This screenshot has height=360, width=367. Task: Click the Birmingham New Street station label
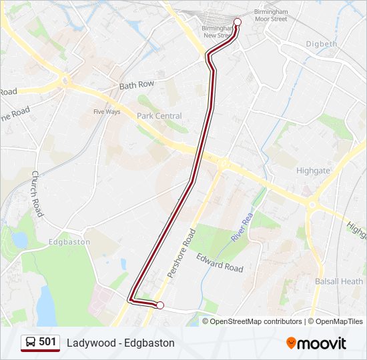[x=217, y=31]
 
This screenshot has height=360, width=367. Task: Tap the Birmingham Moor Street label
[x=270, y=15]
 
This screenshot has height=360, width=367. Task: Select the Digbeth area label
[x=321, y=44]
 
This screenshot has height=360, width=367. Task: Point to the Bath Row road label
[x=136, y=85]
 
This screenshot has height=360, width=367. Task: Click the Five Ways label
[x=107, y=111]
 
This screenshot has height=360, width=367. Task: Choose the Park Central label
[x=159, y=116]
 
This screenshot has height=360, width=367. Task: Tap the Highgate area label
[x=312, y=171]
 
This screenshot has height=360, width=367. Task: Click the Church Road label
[x=37, y=193]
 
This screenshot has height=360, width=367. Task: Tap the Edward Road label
[x=220, y=261]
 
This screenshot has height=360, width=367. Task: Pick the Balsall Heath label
[x=338, y=281]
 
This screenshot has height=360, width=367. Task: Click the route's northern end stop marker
[x=237, y=22]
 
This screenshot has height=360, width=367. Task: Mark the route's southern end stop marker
[x=159, y=305]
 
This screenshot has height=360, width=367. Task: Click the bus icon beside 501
[x=30, y=343]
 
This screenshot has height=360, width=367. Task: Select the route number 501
[x=47, y=342]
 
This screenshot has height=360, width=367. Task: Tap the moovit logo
[x=316, y=343]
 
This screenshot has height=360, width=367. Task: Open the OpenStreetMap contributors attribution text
[x=256, y=321]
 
